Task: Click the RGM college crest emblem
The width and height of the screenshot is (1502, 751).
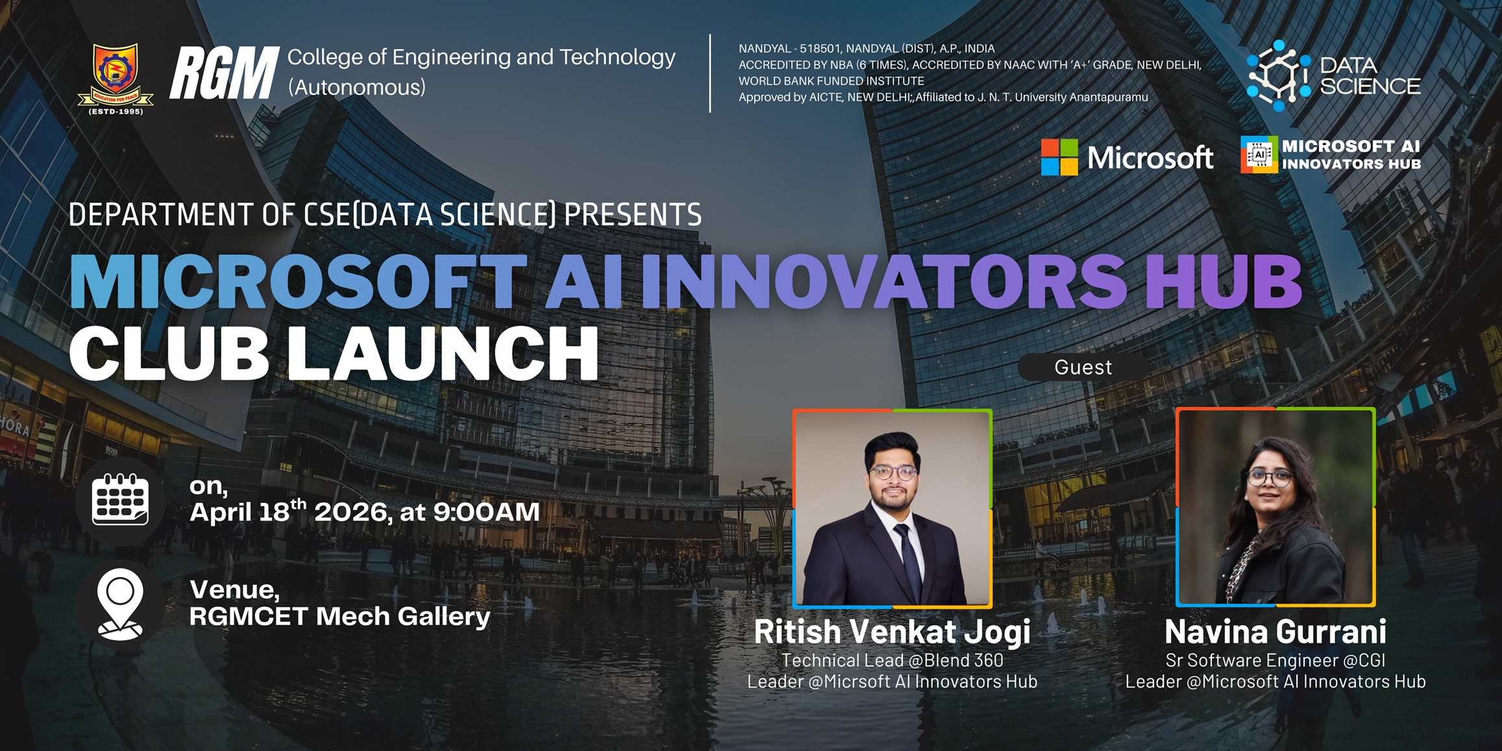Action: [116, 79]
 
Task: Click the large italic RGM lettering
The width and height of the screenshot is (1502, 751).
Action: [225, 73]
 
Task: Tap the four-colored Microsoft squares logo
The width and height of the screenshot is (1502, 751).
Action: [1059, 157]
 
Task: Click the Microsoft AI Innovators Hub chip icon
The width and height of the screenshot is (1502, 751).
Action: [1259, 154]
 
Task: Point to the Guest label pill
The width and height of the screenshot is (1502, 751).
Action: [1083, 367]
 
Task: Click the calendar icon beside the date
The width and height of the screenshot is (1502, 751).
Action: [121, 499]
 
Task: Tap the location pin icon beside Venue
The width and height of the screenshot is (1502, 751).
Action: [120, 604]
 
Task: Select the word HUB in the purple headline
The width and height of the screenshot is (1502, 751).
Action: [1224, 281]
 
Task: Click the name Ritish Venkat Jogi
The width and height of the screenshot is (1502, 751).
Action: [893, 632]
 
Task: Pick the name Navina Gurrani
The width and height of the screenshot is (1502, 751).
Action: [1275, 632]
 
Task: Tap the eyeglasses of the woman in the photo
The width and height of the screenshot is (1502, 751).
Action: [1270, 479]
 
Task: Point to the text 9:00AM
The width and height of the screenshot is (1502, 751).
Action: [486, 512]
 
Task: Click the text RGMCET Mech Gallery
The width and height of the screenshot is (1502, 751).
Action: [339, 617]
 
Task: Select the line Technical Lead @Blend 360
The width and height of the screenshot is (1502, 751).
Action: [893, 660]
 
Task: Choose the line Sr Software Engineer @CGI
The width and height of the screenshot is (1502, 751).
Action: [1275, 660]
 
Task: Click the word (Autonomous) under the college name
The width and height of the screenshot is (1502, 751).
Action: [356, 87]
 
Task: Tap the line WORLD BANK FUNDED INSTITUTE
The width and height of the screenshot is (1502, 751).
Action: [831, 81]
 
